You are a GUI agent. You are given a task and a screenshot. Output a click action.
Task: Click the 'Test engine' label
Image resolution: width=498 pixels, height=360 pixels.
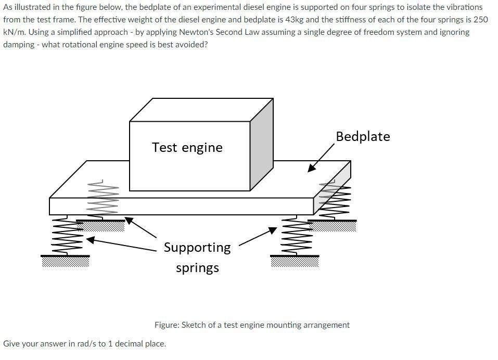(187, 147)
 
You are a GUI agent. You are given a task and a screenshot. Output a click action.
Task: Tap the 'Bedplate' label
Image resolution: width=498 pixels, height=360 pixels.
(363, 136)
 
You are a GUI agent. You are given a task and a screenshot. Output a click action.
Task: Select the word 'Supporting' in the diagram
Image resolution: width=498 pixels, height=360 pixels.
(197, 247)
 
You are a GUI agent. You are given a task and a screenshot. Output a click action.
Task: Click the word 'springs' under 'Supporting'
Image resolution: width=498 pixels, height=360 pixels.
(197, 268)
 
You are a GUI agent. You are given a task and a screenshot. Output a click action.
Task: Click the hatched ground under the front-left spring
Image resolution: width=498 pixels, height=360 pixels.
(66, 261)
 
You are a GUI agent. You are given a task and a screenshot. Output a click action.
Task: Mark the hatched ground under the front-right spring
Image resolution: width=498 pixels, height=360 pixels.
(295, 261)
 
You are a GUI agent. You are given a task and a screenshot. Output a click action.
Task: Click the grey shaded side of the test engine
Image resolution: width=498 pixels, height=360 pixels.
(261, 143)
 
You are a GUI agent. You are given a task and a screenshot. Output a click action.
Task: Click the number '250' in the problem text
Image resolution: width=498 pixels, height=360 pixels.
(480, 20)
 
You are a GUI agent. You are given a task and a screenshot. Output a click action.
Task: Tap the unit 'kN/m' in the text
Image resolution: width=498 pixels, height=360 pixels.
(14, 32)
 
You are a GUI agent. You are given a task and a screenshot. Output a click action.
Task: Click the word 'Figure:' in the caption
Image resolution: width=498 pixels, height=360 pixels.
(167, 325)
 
